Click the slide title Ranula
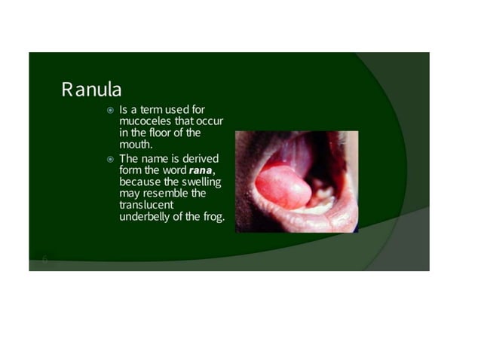coord(91,90)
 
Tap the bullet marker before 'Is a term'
coord(109,111)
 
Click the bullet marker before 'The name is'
coord(109,159)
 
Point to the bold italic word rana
coord(201,171)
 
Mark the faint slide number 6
coord(44,260)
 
